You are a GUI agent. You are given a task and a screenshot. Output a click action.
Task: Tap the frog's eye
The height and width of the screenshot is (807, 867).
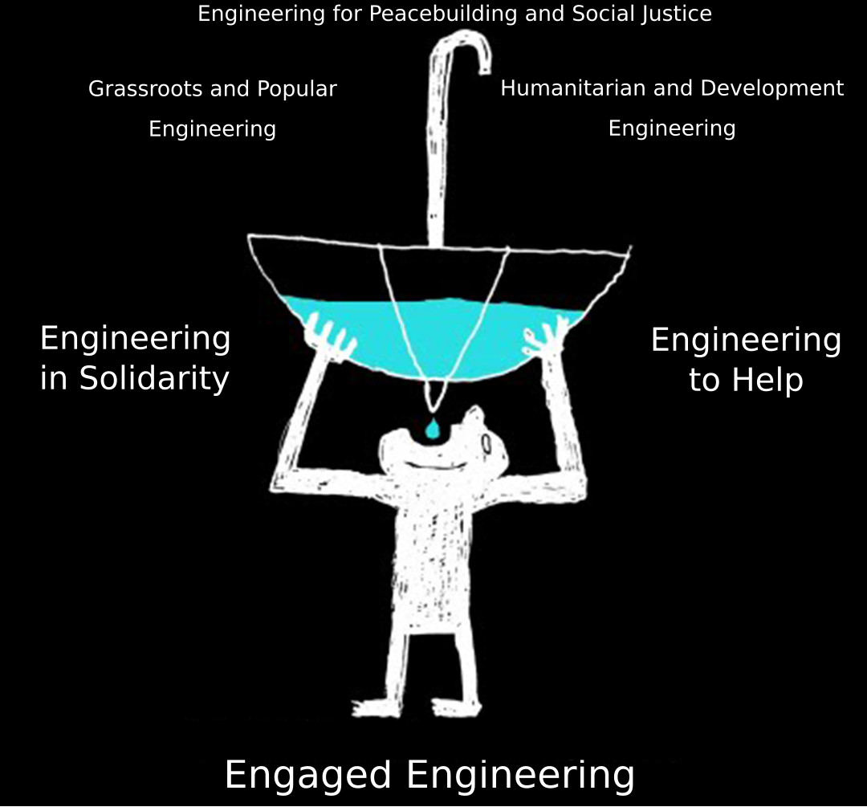(x=484, y=442)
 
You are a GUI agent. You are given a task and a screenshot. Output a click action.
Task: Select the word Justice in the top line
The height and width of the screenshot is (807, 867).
(x=679, y=14)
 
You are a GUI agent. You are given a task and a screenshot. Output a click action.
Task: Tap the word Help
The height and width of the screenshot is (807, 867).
(x=765, y=381)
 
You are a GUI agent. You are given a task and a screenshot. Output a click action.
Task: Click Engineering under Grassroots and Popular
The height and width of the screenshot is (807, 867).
(x=213, y=129)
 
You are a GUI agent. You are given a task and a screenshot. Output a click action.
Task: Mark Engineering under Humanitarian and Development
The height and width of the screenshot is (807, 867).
(x=672, y=128)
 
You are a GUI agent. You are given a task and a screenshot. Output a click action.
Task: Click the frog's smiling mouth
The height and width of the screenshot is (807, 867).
(x=433, y=464)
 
